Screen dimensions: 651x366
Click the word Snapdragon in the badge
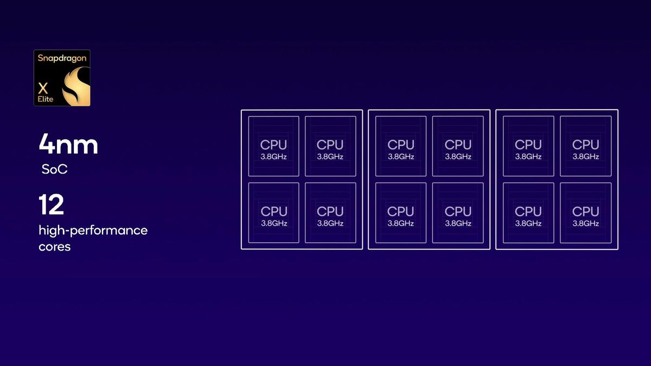[62, 59]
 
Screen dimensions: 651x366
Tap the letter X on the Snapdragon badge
[43, 88]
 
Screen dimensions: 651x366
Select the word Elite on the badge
[46, 99]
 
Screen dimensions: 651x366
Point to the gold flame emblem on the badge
[76, 86]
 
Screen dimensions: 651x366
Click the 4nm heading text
[68, 144]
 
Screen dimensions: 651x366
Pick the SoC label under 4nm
[55, 169]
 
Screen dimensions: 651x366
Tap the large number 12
[51, 204]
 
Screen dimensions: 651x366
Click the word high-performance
[93, 230]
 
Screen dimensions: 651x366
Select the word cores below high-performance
[55, 247]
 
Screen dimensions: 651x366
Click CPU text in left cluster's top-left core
[273, 145]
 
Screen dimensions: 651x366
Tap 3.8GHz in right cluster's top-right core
[585, 157]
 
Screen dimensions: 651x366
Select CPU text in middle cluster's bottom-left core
[400, 211]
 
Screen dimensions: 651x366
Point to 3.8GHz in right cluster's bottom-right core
[585, 223]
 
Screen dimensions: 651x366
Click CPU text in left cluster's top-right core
[330, 145]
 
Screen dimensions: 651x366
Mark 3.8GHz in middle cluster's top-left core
[401, 157]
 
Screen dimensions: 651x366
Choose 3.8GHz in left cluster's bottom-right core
[330, 223]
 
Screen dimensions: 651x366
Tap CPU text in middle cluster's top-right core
[458, 145]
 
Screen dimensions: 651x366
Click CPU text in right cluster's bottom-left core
[528, 211]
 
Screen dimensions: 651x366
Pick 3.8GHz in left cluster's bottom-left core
[274, 223]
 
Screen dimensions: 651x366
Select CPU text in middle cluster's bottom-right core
[458, 211]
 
